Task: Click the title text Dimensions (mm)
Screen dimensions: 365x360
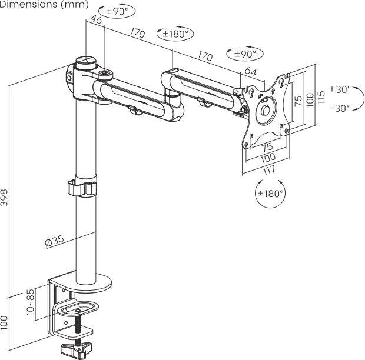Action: (x=44, y=4)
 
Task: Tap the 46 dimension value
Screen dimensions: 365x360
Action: (x=96, y=19)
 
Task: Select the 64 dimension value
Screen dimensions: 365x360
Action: (x=250, y=71)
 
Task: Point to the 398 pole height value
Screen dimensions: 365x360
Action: (x=4, y=198)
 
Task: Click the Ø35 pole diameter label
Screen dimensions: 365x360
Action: (x=54, y=241)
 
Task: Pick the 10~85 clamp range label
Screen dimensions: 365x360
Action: (x=30, y=302)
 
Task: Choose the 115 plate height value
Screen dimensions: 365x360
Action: (x=321, y=97)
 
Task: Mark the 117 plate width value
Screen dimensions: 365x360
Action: (x=269, y=170)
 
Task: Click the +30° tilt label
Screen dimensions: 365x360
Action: (x=340, y=89)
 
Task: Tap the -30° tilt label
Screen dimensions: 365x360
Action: (x=340, y=108)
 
